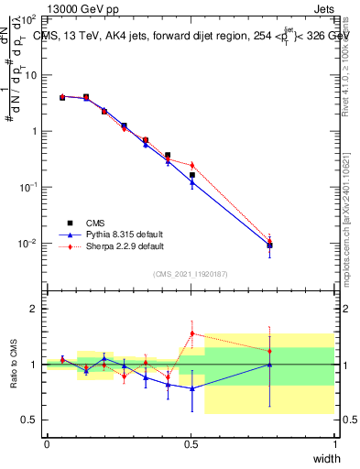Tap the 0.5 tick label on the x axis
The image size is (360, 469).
[x=191, y=444]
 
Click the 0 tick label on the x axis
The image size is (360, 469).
[x=47, y=444]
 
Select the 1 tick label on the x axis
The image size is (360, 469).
[x=335, y=444]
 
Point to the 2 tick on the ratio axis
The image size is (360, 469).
[x=32, y=309]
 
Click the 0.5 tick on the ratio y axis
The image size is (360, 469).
[x=28, y=420]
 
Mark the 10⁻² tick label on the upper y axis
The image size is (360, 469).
[x=27, y=244]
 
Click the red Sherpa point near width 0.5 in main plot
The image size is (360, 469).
[x=191, y=165]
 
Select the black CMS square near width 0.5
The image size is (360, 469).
[x=191, y=175]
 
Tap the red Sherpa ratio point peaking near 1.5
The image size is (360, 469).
[x=191, y=333]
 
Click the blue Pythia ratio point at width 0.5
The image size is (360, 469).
[x=191, y=388]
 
